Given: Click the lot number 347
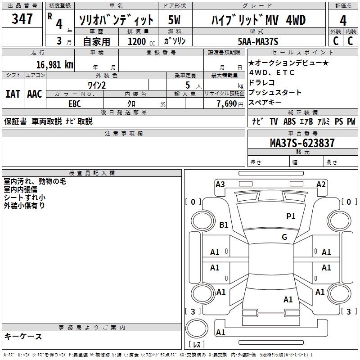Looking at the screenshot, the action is (x=22, y=19).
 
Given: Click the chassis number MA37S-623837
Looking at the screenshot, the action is (x=302, y=143).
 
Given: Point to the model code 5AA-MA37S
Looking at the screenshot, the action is (x=258, y=41).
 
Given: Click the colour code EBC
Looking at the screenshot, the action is (x=75, y=103).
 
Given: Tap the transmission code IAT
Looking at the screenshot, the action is (x=13, y=94).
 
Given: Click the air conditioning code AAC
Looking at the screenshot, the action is (x=35, y=94).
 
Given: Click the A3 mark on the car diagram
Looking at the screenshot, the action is (x=220, y=184).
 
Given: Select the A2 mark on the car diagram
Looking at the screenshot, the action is (x=321, y=184).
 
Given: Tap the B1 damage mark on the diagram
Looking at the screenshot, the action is (x=224, y=225).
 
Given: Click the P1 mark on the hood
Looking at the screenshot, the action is (x=291, y=216).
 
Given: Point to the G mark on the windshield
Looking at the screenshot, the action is (x=284, y=237).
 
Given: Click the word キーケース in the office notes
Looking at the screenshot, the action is (x=23, y=336).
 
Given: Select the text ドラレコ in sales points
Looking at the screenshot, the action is (x=262, y=83).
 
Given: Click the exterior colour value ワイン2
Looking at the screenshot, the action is (x=97, y=85).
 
